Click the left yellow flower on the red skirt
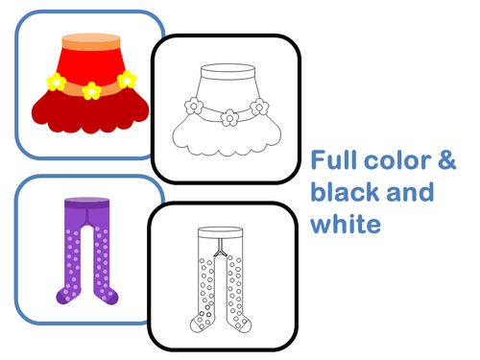coord(57,83)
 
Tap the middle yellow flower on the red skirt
coord(91,90)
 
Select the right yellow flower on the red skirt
coord(126,80)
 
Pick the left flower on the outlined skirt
coord(194,105)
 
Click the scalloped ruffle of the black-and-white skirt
coord(229,144)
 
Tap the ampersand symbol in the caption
coord(446,159)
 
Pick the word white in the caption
coord(346,225)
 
